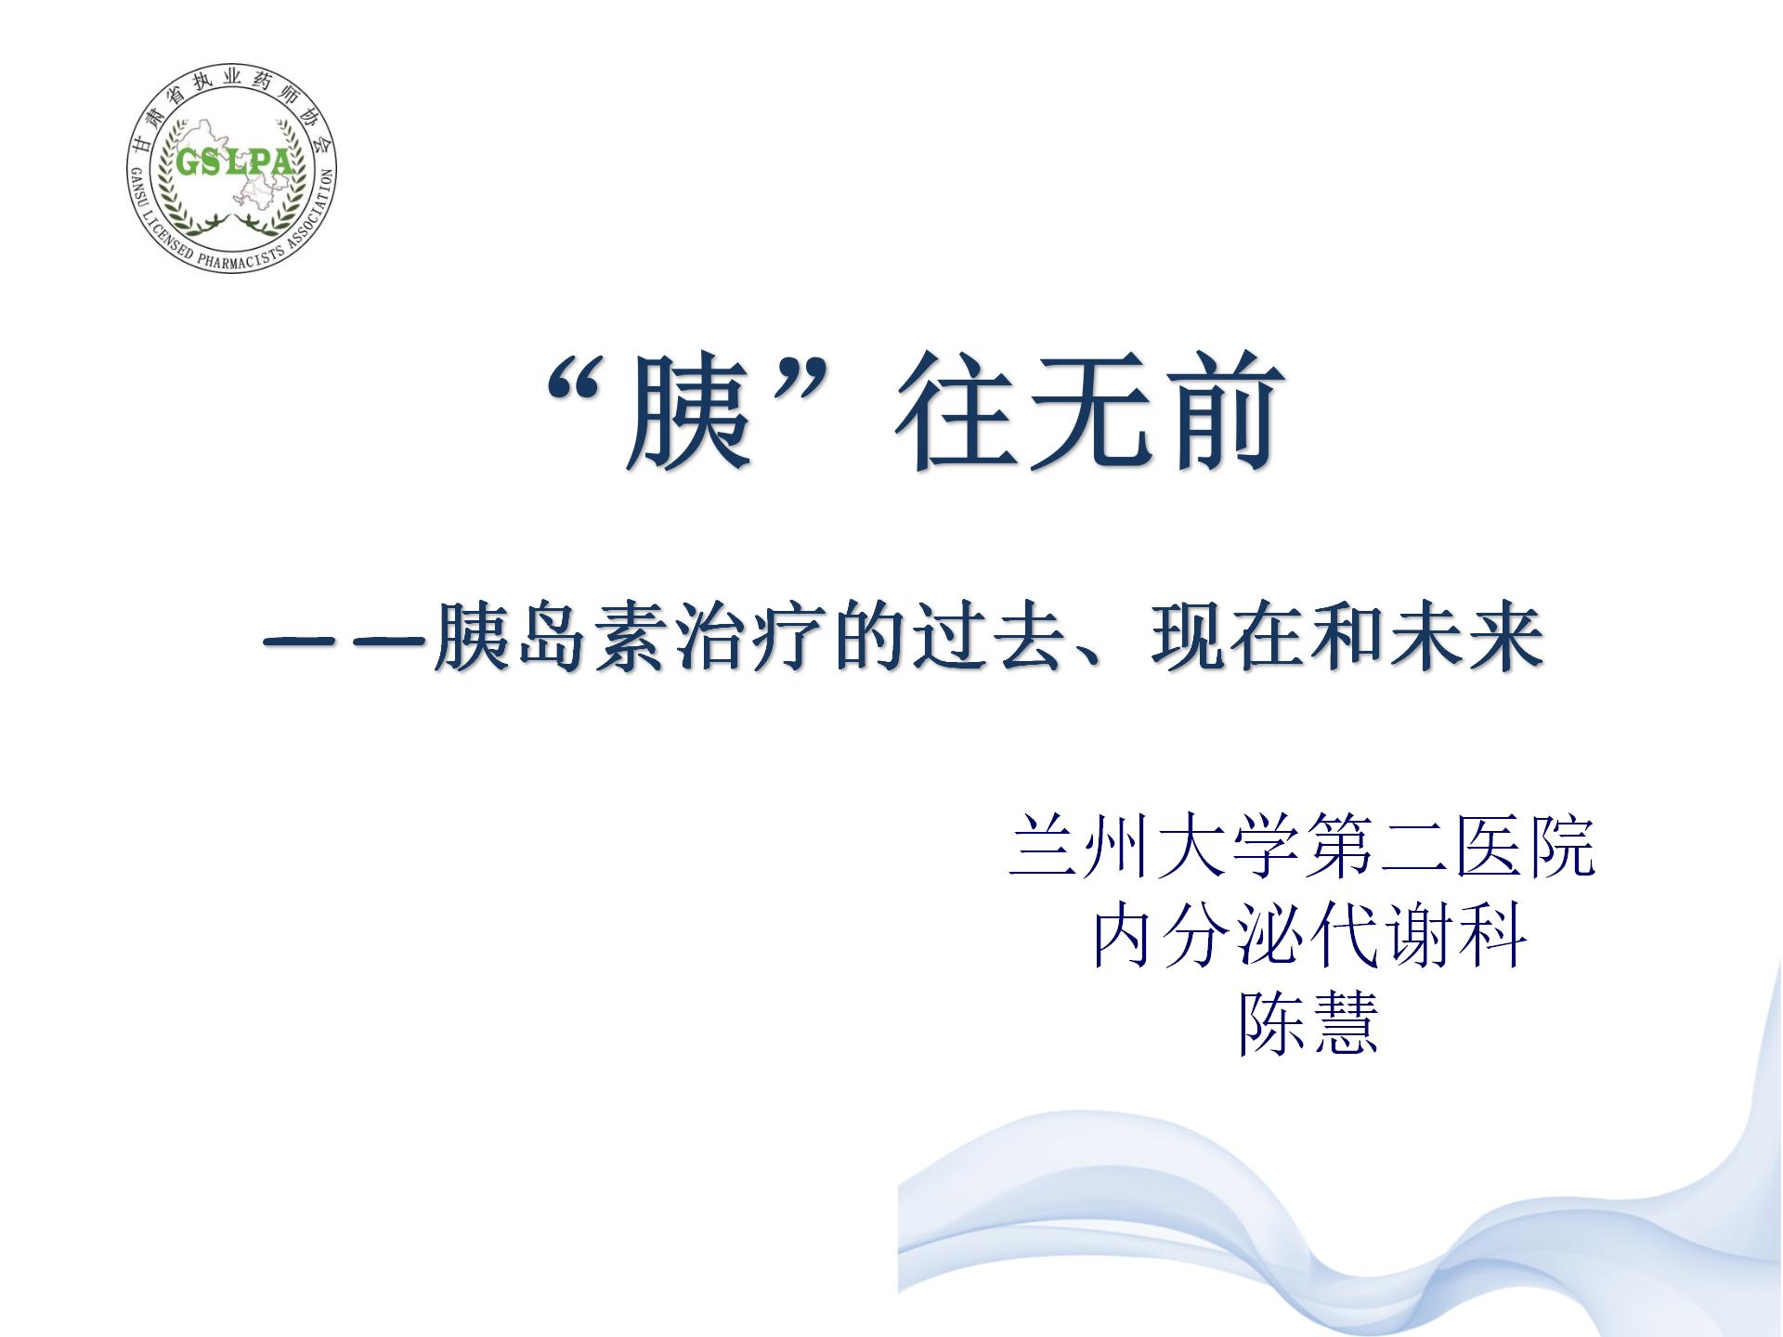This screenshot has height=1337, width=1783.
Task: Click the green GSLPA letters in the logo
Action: (x=233, y=162)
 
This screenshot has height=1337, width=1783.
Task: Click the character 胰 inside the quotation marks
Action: (x=688, y=409)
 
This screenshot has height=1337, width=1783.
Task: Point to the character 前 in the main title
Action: (x=1221, y=409)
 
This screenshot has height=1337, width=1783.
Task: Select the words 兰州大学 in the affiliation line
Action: (x=1153, y=845)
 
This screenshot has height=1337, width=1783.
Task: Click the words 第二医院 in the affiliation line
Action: (x=1449, y=845)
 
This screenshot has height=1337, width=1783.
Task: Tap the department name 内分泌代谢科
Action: (x=1308, y=935)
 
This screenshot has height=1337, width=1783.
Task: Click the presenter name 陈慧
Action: (x=1308, y=1023)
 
